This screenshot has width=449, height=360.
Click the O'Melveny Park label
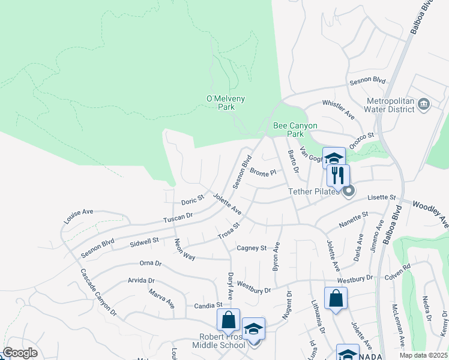226,103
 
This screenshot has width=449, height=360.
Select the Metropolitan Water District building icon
424,104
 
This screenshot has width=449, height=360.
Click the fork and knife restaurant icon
338,175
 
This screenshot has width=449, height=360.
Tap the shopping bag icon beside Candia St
228,319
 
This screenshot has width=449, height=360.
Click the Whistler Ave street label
339,109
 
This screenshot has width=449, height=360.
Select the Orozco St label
362,139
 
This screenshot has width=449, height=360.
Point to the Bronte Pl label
263,172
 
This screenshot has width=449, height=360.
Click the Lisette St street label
384,197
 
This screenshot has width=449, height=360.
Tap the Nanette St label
354,218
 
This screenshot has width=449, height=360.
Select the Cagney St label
252,247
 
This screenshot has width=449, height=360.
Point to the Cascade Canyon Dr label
98,292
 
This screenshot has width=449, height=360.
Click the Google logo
20,353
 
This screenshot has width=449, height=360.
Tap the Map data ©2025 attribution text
423,355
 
